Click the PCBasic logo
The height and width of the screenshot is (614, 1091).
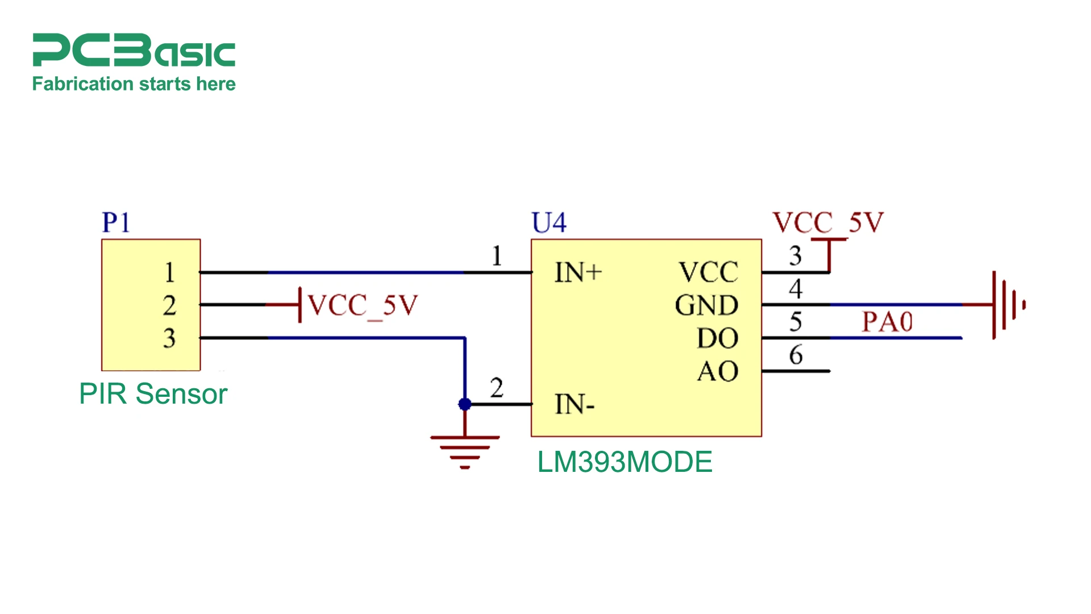point(134,50)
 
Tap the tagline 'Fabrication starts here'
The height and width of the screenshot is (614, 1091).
point(134,84)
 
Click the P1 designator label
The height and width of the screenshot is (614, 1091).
point(116,222)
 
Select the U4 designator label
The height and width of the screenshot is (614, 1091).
point(549,222)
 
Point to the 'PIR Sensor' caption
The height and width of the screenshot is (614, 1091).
point(153,394)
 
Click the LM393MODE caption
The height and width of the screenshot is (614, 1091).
point(624,462)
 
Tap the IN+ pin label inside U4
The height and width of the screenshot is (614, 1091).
point(578,273)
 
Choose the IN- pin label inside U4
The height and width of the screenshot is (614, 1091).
point(574,405)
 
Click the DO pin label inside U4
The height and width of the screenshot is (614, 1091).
point(717,339)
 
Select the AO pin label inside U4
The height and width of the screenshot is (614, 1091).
point(717,372)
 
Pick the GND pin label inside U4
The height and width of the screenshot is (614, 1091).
point(706,306)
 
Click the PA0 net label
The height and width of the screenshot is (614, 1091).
point(887,322)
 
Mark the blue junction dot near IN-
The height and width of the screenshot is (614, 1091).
point(465,404)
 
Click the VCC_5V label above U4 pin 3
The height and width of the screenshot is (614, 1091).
point(827,222)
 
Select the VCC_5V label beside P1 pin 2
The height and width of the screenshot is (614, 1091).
point(363,306)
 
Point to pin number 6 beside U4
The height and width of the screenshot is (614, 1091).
point(796,355)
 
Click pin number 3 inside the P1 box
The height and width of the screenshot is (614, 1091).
point(169,338)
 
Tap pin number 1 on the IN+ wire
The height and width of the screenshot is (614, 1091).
point(497,256)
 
